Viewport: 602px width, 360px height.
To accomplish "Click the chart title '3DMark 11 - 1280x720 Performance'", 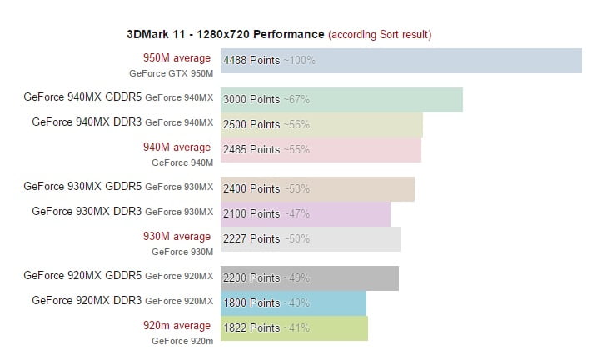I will coord(224,34).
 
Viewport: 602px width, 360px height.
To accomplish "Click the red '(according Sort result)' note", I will coord(380,34).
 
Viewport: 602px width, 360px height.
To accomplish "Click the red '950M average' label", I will coord(177,58).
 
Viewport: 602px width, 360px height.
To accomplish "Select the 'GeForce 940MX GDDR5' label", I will coord(82,97).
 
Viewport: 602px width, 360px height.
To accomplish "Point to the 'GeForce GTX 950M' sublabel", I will coord(171,73).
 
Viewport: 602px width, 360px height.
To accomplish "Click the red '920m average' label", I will coord(177,326).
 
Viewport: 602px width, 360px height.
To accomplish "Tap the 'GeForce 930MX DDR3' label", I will coord(87,211).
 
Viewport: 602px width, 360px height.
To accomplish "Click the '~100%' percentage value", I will coord(300,60).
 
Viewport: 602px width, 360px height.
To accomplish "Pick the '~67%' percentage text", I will coord(296,99).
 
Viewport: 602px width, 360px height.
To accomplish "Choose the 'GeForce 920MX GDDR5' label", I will coord(82,275).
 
